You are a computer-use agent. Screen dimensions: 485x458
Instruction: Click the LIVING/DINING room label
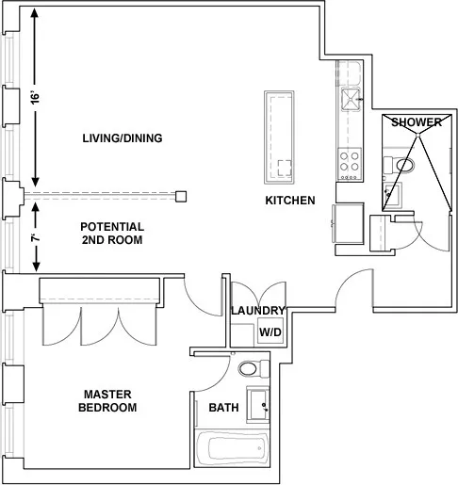click(123, 138)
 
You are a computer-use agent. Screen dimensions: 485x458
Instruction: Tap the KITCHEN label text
click(289, 201)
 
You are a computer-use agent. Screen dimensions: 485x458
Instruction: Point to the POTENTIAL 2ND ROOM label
click(111, 234)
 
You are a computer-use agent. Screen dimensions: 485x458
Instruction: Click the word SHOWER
click(416, 122)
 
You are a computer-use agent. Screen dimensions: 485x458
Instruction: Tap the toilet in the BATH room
click(253, 367)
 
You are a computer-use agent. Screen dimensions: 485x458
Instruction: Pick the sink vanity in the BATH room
click(257, 405)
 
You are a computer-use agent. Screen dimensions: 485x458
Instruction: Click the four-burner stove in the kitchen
click(350, 162)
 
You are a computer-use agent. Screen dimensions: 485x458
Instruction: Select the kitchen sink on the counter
click(351, 98)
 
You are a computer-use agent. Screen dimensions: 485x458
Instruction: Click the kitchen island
click(280, 135)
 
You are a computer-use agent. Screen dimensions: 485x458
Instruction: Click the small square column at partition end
click(181, 195)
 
